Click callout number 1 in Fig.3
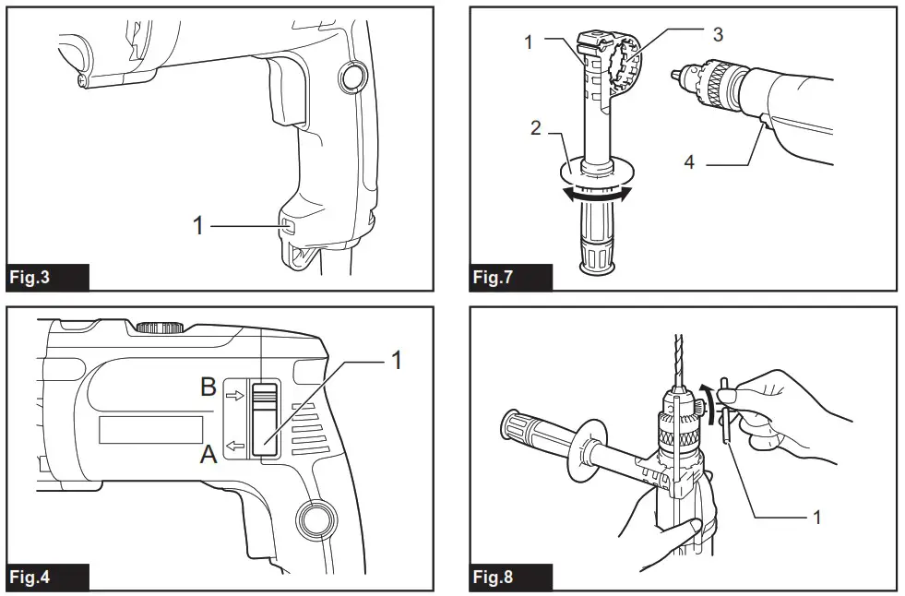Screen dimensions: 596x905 click(196, 225)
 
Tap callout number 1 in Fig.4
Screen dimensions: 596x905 click(397, 360)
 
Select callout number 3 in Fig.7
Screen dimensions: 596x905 click(717, 34)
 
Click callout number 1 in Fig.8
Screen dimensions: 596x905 click(816, 517)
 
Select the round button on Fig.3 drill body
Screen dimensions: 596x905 click(350, 79)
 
